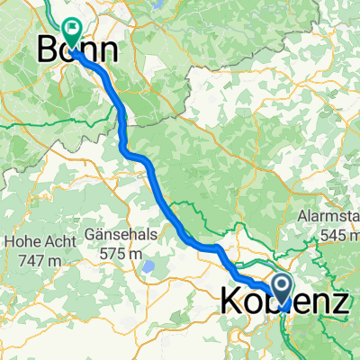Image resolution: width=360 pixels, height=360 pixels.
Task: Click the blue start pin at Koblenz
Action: tap(283, 289)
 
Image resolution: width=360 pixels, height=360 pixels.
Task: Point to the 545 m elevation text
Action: tap(335, 235)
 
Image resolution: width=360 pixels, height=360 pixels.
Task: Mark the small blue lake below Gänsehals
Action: tap(148, 267)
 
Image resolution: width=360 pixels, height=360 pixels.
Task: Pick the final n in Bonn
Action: tap(112, 49)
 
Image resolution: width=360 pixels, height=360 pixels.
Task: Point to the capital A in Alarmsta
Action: tap(303, 218)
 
